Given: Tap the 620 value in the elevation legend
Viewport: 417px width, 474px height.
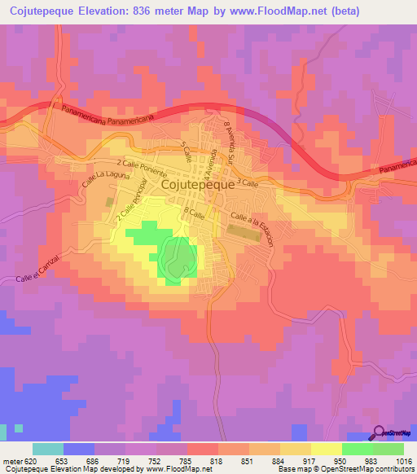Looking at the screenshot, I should coord(30,461).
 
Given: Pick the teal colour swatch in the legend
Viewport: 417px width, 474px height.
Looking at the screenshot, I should coord(48,449).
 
